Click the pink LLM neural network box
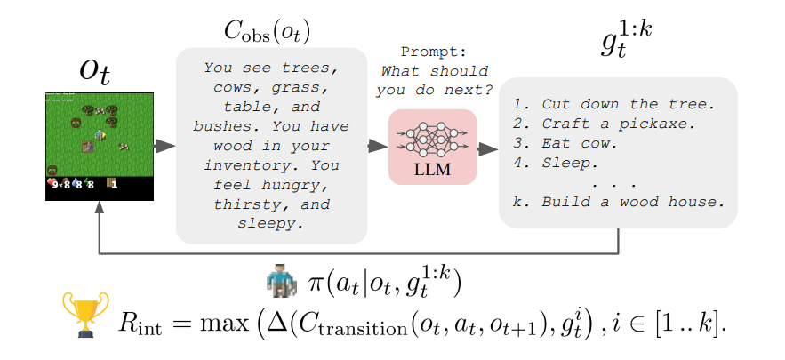point(432,146)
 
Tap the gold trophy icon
point(84,314)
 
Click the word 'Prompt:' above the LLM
point(432,52)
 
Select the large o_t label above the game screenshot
point(94,70)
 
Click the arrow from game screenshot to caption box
point(164,146)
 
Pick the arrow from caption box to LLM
point(378,146)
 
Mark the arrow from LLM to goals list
point(487,148)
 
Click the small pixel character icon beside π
point(277,283)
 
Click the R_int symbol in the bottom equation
point(140,323)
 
